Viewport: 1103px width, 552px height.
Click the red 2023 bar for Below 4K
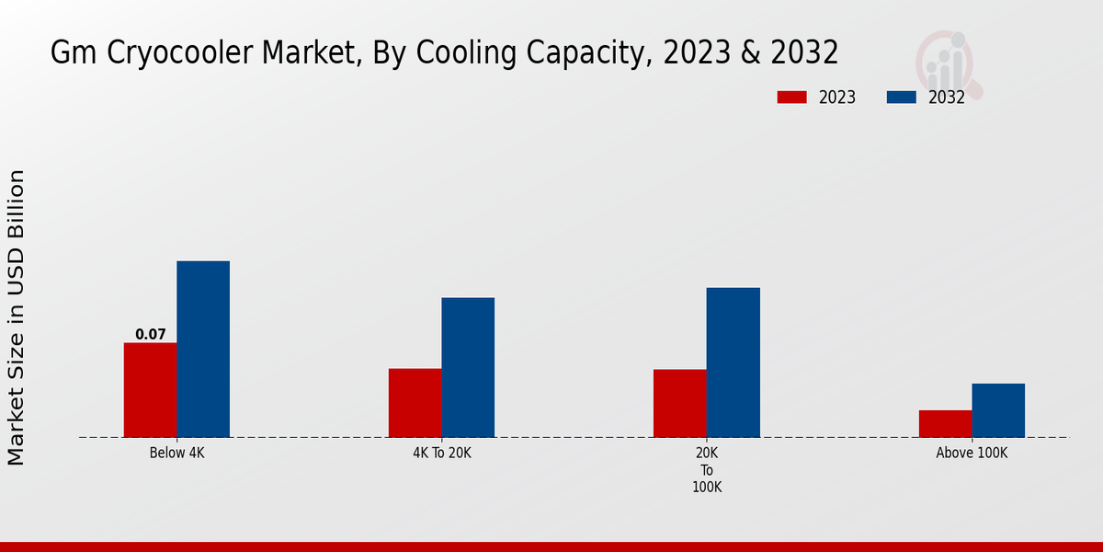(150, 390)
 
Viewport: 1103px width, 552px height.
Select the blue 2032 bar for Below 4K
(203, 350)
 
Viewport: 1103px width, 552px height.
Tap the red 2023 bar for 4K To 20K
(415, 403)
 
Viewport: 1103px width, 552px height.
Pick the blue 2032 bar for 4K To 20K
(468, 367)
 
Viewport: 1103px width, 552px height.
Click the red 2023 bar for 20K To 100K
(679, 403)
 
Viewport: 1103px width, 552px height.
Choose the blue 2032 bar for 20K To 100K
(733, 362)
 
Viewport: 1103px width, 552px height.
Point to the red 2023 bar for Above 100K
(945, 423)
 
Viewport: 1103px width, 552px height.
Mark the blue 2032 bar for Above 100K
(998, 410)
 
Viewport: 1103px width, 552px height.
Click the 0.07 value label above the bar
(151, 335)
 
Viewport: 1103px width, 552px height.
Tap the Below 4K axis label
(176, 454)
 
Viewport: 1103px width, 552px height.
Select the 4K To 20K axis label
(441, 454)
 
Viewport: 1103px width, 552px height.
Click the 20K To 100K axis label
(706, 470)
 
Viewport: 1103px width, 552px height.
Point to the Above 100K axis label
(972, 454)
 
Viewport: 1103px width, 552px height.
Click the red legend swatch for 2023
(791, 98)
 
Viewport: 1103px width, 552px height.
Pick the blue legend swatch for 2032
(902, 98)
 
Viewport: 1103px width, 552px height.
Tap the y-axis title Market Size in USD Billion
(17, 317)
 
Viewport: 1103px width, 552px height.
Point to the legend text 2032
(947, 98)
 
